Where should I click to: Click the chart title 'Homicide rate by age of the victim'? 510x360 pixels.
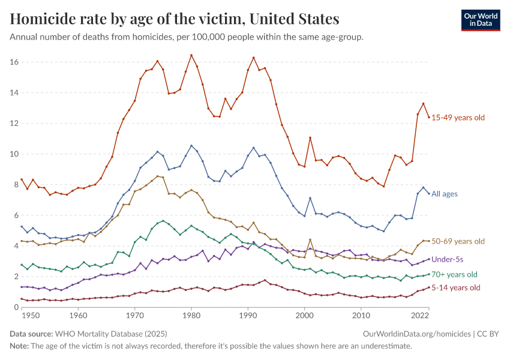(175, 19)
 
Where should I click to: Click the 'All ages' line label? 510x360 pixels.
(445, 194)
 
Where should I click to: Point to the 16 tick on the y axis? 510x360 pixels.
(14, 62)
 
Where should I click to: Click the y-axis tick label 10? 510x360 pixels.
(14, 154)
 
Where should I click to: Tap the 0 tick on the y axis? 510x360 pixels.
(16, 307)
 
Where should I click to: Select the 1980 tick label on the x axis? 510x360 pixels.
(191, 316)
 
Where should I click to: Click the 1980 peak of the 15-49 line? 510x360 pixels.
(191, 55)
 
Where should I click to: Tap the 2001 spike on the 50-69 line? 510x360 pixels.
(310, 240)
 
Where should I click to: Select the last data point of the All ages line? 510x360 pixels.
(429, 194)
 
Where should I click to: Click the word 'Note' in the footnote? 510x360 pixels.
(19, 346)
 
